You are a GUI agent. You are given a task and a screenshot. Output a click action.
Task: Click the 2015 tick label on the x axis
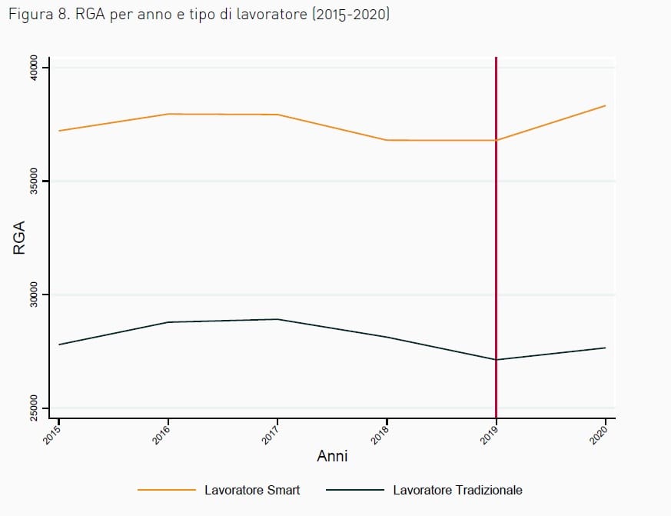pos(52,435)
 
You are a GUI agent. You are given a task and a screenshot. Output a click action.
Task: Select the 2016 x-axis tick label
pos(161,435)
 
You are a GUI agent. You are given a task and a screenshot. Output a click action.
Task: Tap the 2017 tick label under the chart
pos(271,435)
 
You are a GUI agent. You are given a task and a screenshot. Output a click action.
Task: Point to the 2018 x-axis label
pos(380,435)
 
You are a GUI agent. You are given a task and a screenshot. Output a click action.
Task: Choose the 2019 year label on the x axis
pos(490,435)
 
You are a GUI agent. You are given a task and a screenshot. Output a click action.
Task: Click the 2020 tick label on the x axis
pos(599,435)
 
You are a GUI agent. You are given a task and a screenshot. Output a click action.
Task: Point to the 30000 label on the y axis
pos(33,295)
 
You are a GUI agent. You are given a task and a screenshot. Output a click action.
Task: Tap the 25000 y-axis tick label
pos(33,408)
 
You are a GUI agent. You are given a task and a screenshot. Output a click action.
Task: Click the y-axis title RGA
pos(19,238)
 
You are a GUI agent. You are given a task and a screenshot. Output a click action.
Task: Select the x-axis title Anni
pos(332,455)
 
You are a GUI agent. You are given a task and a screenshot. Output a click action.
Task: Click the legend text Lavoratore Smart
pos(252,490)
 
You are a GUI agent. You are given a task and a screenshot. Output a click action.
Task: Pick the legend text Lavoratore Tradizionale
pos(457,490)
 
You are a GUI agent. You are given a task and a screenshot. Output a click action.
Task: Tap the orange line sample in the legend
pos(167,490)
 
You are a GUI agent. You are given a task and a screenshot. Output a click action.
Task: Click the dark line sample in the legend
pos(355,490)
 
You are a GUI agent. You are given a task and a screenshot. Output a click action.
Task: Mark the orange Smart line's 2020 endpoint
pos(605,105)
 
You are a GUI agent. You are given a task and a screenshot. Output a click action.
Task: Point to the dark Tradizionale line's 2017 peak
pos(277,319)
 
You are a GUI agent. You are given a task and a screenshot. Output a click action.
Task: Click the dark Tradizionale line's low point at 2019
pos(496,360)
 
